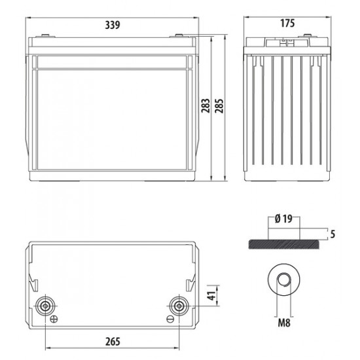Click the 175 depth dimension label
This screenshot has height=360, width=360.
(x=286, y=23)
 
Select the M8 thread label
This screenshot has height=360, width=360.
(x=284, y=322)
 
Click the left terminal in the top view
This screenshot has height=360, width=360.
(x=46, y=305)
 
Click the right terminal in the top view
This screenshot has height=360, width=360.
(x=177, y=305)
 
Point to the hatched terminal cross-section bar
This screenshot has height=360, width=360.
(x=284, y=243)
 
